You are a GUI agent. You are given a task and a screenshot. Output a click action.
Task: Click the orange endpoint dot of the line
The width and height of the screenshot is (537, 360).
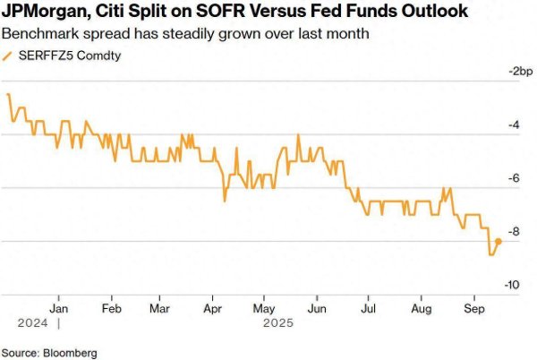point(499,242)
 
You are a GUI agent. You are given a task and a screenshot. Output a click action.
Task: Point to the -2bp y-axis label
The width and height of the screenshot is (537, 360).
point(521,72)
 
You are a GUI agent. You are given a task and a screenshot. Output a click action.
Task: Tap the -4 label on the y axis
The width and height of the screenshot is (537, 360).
point(514,125)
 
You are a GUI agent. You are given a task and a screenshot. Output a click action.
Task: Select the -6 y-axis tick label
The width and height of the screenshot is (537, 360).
point(514,178)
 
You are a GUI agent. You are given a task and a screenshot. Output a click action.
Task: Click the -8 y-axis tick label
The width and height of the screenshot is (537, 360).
point(514,232)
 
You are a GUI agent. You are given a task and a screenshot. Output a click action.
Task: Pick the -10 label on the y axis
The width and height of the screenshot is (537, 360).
point(512,285)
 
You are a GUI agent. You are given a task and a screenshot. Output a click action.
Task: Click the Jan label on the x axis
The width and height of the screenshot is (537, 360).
point(58,309)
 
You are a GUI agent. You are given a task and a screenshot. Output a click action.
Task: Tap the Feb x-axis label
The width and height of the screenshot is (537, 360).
point(112,309)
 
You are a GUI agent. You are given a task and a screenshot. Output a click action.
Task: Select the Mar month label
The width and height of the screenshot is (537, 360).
point(159,309)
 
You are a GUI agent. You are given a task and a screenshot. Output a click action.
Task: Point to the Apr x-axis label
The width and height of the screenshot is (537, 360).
point(213,309)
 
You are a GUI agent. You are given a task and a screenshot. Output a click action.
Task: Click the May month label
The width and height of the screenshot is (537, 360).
point(264,309)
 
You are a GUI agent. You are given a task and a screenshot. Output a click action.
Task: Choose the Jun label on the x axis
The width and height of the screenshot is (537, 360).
point(317,309)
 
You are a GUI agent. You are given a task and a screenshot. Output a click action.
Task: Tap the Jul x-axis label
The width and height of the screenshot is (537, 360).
point(368,309)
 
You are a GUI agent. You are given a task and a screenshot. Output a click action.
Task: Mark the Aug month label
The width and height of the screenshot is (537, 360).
point(422,309)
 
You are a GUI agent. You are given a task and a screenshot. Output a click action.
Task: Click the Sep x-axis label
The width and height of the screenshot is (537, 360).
point(474,309)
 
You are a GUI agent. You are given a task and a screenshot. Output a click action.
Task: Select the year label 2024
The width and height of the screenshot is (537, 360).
point(33,323)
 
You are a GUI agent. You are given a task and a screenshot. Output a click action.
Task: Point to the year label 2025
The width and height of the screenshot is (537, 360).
point(278,323)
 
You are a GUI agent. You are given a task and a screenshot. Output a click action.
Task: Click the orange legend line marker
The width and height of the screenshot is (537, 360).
point(7,56)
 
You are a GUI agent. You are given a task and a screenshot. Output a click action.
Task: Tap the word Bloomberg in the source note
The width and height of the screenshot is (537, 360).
point(70,353)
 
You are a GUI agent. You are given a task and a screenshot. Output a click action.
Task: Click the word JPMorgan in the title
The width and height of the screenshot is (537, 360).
point(46,12)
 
